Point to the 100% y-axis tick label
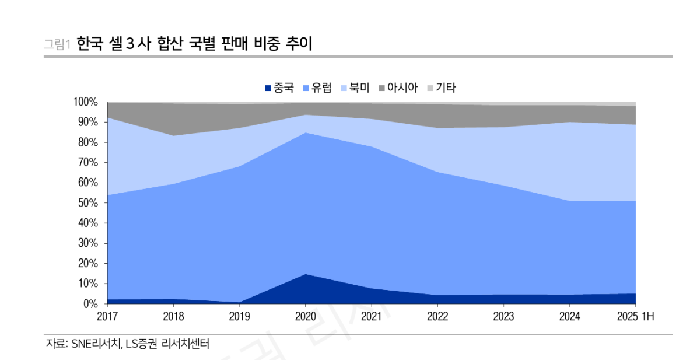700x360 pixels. (86, 102)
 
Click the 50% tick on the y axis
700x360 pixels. (88, 203)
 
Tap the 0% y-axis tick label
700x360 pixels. (90, 304)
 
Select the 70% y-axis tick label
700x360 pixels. (88, 163)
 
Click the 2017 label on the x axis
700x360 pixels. (107, 317)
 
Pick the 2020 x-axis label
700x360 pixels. (305, 317)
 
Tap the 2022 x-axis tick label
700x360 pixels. (437, 317)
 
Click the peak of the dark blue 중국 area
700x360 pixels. (305, 275)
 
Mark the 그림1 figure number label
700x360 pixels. (57, 44)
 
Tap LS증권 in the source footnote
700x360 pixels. (142, 344)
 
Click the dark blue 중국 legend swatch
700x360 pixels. (268, 88)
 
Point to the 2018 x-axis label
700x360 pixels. (173, 317)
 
